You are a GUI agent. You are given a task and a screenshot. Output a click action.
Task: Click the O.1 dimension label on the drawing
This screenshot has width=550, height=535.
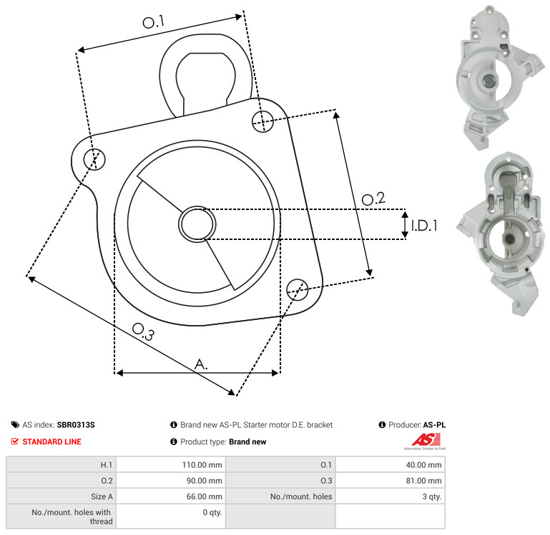pos(153,21)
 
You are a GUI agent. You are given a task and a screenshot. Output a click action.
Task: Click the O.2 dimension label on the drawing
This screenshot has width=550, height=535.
pos(373,199)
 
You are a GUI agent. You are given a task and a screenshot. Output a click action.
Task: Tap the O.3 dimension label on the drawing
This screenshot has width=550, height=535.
pos(143,331)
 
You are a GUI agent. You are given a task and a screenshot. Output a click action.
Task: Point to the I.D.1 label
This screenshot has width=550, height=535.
pos(424,225)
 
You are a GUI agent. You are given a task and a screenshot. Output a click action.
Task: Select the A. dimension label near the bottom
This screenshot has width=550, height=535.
pos(201,364)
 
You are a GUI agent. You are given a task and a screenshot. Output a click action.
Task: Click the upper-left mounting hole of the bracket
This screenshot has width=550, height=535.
pos(94,159)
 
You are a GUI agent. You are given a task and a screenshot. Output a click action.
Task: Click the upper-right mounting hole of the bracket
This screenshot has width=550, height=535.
pos(262,121)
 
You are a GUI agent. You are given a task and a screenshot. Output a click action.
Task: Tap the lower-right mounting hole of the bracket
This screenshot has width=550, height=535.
pos(298,289)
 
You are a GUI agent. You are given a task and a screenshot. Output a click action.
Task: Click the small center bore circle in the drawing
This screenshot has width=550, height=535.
pos(197,224)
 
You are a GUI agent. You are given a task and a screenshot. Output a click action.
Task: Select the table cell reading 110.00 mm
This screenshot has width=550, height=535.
pos(202,465)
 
